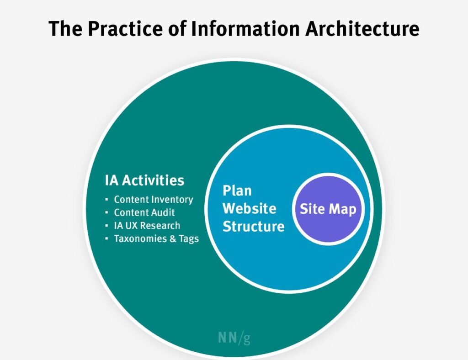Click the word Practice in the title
pyautogui.click(x=125, y=29)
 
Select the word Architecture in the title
pyautogui.click(x=362, y=29)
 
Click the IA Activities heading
pyautogui.click(x=144, y=180)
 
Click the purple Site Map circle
pyautogui.click(x=328, y=209)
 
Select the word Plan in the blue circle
pyautogui.click(x=237, y=191)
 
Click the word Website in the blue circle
pyautogui.click(x=250, y=208)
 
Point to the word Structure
pyautogui.click(x=253, y=227)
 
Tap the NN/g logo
pyautogui.click(x=234, y=338)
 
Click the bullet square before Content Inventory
pyautogui.click(x=106, y=200)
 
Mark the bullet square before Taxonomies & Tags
pyautogui.click(x=106, y=238)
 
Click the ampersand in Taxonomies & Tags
pyautogui.click(x=173, y=239)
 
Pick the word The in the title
pyautogui.click(x=65, y=29)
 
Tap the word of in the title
pyautogui.click(x=177, y=29)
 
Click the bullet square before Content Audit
pyautogui.click(x=106, y=212)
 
